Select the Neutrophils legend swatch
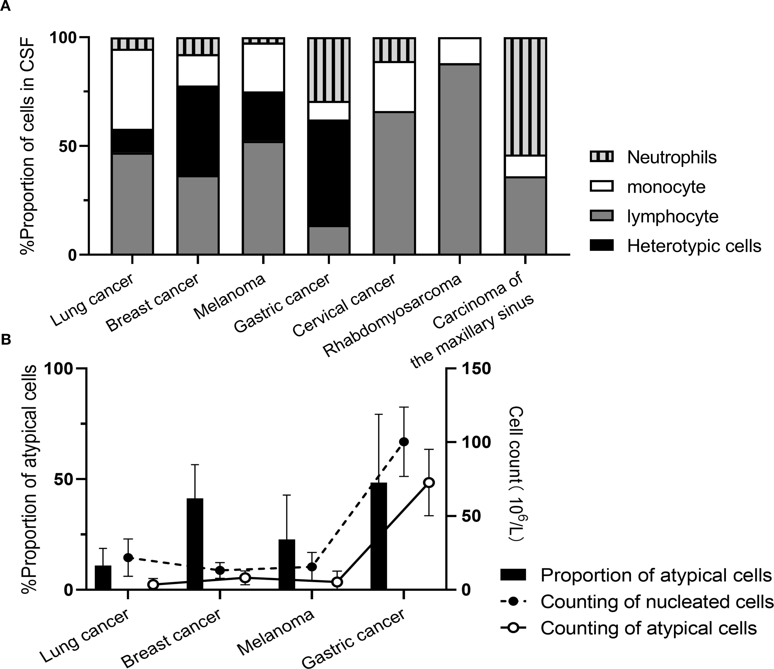coord(601,157)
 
